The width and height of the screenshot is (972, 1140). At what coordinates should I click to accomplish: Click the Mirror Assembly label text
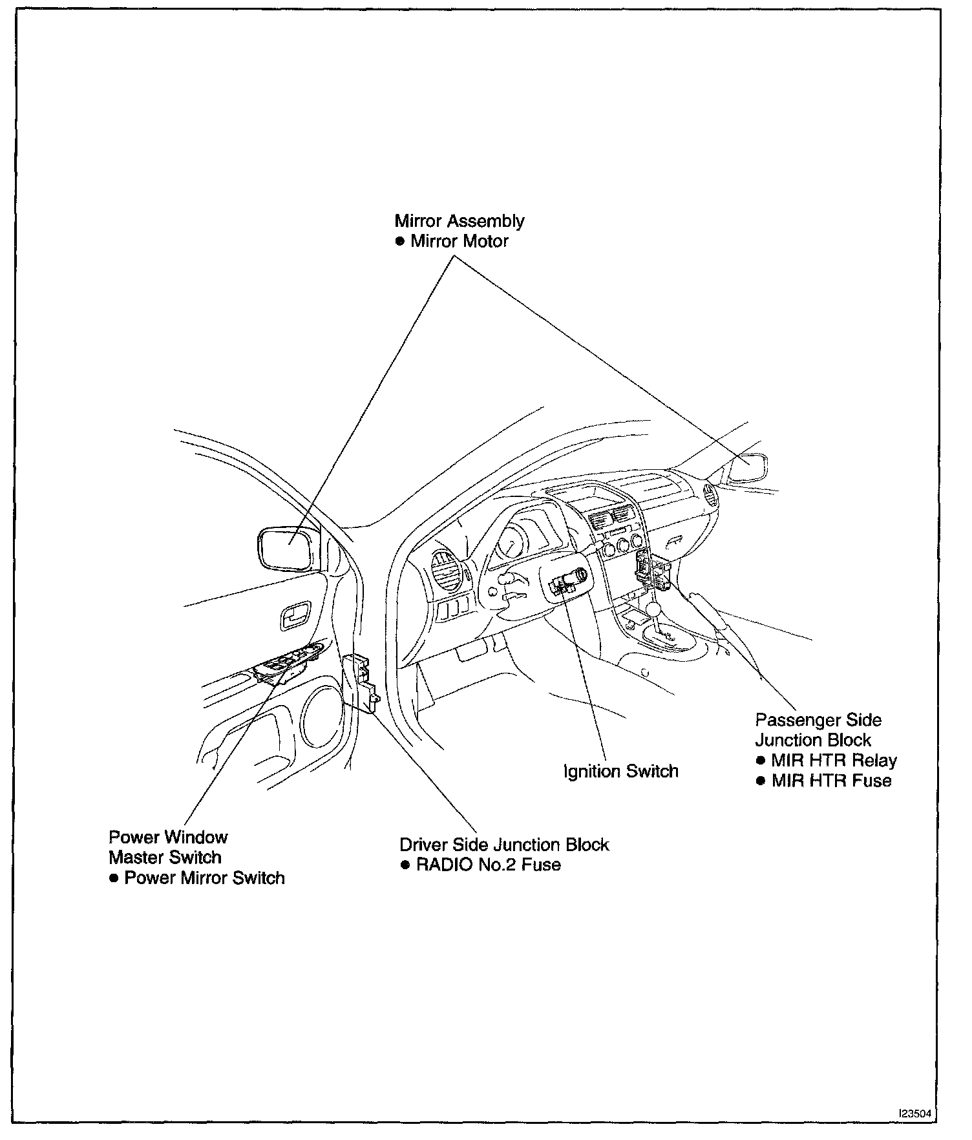(460, 221)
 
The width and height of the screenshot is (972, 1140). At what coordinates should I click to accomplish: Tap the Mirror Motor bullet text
(460, 242)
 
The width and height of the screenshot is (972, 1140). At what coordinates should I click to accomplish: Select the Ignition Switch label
(621, 771)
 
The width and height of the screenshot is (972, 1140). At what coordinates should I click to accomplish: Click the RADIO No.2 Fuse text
(488, 865)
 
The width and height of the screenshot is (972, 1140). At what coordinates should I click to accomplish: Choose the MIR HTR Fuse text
(831, 781)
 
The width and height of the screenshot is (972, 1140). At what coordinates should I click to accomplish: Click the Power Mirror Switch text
(204, 878)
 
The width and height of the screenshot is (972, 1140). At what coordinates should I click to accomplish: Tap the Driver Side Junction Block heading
(504, 845)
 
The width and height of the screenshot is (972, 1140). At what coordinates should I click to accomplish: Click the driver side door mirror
(287, 548)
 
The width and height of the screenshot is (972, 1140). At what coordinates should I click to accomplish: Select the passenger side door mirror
(748, 467)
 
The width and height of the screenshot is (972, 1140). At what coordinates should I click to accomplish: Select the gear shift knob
(654, 609)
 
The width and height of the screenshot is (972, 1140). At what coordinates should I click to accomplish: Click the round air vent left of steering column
(445, 569)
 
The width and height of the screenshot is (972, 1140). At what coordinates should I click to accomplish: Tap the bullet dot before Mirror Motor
(400, 242)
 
